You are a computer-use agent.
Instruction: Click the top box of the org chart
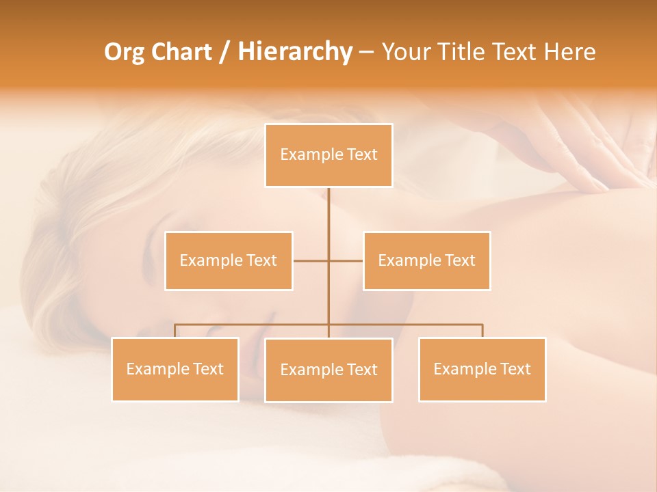(x=328, y=155)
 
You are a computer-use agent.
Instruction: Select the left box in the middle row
(x=229, y=260)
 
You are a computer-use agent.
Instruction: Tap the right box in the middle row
(x=426, y=260)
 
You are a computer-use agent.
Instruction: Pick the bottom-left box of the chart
(x=175, y=369)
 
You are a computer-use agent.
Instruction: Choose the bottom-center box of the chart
(x=328, y=370)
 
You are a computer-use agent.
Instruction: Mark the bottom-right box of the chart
(x=482, y=369)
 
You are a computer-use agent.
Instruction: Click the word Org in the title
(x=123, y=52)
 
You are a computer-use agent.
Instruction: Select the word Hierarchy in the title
(x=294, y=52)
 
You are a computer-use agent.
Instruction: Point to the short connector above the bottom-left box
(x=175, y=331)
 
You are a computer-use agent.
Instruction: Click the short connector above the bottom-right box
(x=482, y=331)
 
